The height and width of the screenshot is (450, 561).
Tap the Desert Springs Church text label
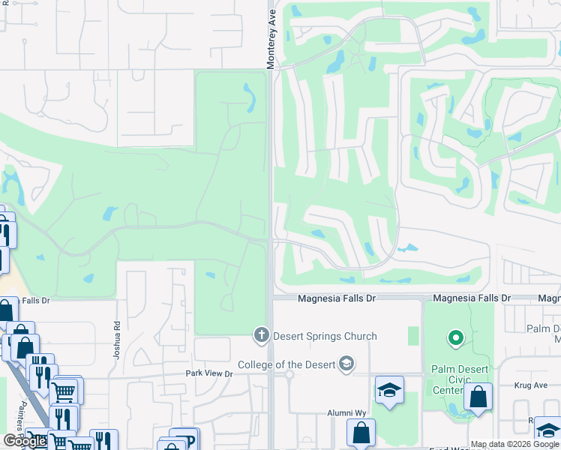[325, 336]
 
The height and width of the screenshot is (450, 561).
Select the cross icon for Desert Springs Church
[262, 334]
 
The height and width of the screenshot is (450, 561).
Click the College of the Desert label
[287, 365]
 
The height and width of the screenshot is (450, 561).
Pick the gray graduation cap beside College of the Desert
[346, 364]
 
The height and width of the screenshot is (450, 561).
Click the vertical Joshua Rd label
[116, 340]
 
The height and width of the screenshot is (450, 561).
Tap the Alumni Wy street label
[345, 413]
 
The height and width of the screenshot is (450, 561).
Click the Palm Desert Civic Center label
[460, 379]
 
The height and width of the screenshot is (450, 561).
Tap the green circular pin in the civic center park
[455, 339]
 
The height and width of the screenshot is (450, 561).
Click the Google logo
[25, 441]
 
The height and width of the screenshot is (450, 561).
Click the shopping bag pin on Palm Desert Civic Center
[478, 397]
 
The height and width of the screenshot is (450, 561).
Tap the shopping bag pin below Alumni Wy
[361, 433]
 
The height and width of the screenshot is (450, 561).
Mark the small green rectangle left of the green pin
[412, 336]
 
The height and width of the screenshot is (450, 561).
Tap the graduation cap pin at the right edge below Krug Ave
[548, 431]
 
